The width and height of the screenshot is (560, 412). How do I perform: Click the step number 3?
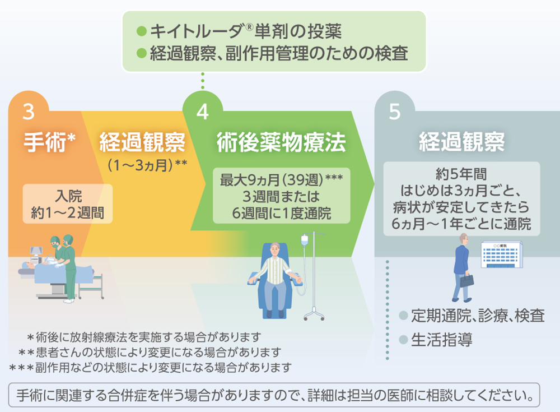point(29,112)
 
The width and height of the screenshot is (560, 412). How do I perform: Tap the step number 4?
point(202,112)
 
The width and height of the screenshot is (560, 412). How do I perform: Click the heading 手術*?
point(49,143)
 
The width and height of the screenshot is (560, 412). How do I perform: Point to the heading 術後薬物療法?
point(281,143)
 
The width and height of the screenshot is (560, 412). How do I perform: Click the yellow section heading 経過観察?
point(142,143)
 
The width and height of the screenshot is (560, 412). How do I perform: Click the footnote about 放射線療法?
point(144,337)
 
